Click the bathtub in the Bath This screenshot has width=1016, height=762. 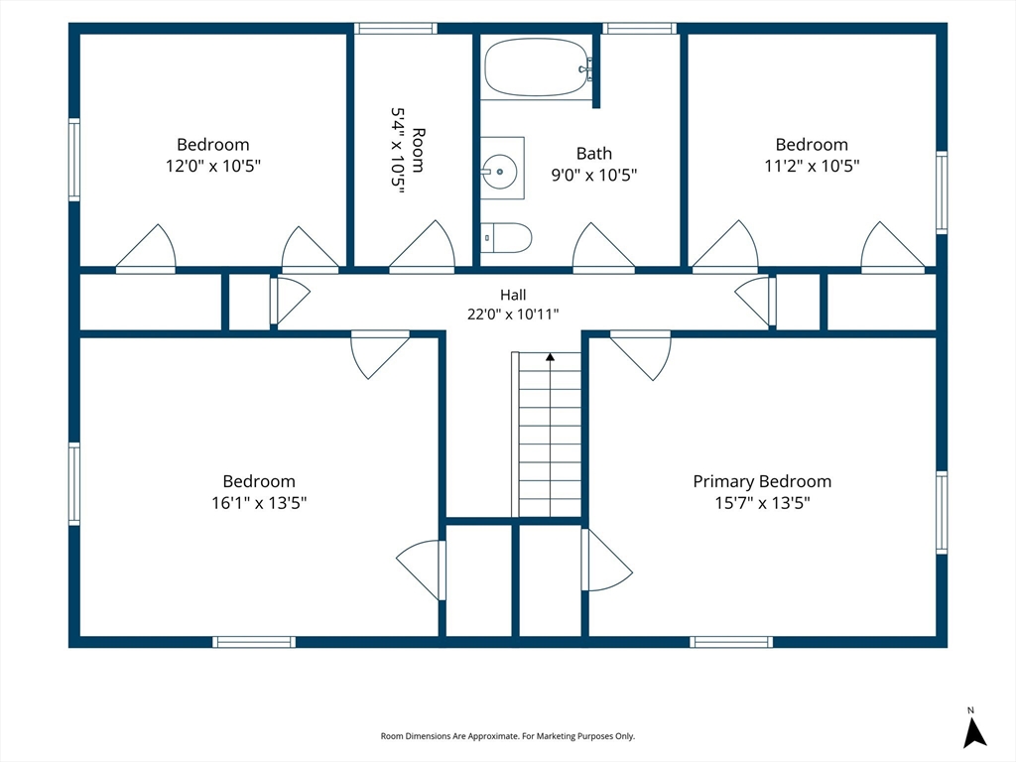[x=538, y=67]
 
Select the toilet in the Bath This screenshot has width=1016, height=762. [x=506, y=238]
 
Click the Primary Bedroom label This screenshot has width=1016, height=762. [x=762, y=481]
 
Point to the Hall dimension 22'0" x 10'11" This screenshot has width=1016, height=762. [x=513, y=315]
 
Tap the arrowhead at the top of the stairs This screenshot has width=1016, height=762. [x=550, y=356]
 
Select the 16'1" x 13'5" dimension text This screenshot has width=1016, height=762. [x=259, y=503]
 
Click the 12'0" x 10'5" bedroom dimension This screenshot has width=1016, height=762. [x=212, y=166]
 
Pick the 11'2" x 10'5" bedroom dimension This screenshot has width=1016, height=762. [x=812, y=166]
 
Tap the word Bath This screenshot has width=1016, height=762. [x=594, y=154]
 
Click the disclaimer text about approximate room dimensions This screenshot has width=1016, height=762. [x=507, y=736]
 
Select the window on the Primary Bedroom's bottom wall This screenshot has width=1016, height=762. [x=731, y=642]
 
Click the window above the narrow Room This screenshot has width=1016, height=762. [x=395, y=29]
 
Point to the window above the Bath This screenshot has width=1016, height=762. [x=640, y=29]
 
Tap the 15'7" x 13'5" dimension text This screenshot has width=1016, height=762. [x=762, y=503]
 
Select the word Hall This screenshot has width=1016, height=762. [x=513, y=295]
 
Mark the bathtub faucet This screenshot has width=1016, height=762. [x=585, y=68]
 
